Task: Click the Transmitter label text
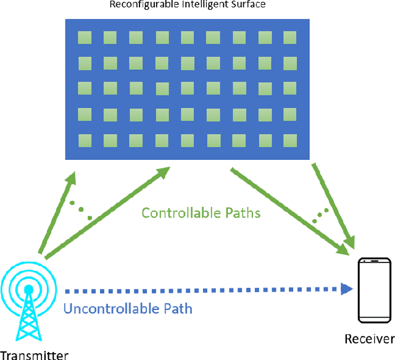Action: (34, 354)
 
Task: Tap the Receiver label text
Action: (369, 338)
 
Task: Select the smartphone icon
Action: (374, 290)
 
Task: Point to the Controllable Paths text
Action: (201, 213)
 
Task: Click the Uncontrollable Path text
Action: (128, 308)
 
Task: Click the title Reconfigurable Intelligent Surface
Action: (187, 6)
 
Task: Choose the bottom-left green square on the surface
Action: (85, 139)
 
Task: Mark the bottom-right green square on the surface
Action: (289, 138)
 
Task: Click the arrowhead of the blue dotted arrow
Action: (347, 288)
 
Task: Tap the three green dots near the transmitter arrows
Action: (81, 210)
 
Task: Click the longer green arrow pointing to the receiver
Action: (287, 210)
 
